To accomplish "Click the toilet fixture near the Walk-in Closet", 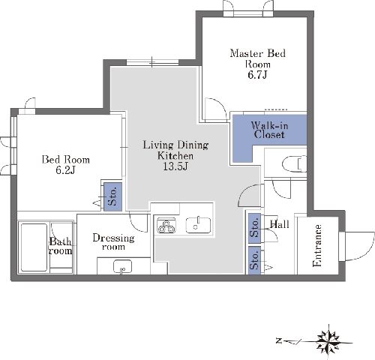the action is pyautogui.click(x=295, y=163).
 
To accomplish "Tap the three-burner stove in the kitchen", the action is pyautogui.click(x=166, y=225).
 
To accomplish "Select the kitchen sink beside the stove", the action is pyautogui.click(x=198, y=225).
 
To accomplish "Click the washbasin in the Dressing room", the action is pyautogui.click(x=122, y=267).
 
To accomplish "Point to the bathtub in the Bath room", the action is pyautogui.click(x=34, y=247).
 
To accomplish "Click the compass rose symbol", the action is pyautogui.click(x=328, y=341).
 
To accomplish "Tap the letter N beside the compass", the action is pyautogui.click(x=279, y=340).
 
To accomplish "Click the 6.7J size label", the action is pyautogui.click(x=257, y=75).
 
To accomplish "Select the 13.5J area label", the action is pyautogui.click(x=175, y=166).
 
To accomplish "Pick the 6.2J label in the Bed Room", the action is pyautogui.click(x=65, y=170).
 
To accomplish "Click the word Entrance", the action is pyautogui.click(x=317, y=245).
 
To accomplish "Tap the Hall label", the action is pyautogui.click(x=280, y=224).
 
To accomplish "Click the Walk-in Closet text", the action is pyautogui.click(x=269, y=130).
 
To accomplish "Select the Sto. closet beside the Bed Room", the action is pyautogui.click(x=112, y=196).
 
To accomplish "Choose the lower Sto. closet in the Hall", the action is pyautogui.click(x=254, y=260).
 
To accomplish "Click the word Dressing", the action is pyautogui.click(x=113, y=238).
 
